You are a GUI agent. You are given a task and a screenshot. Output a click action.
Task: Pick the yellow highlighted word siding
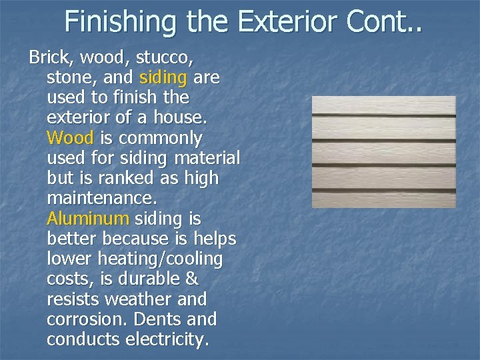click(164, 78)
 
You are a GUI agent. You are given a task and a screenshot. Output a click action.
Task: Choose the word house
click(179, 119)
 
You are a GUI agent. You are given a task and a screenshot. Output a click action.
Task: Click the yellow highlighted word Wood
click(71, 139)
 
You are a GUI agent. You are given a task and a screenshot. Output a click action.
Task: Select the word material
click(207, 159)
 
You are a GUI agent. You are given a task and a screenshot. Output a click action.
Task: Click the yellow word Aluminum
click(88, 219)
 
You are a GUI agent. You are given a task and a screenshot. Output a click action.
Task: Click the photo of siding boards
click(384, 152)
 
